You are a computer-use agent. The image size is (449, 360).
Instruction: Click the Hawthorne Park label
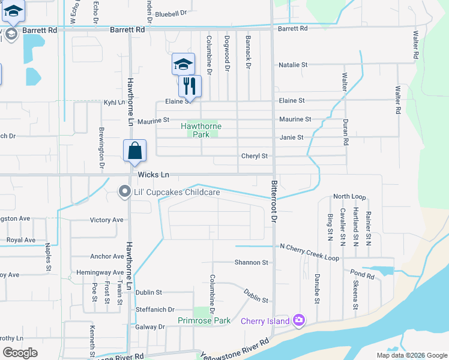[201, 130]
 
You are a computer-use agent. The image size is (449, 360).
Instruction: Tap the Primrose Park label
[204, 320]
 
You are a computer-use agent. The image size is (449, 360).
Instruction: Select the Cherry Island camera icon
[299, 320]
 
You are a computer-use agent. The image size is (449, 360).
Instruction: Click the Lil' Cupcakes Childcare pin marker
[124, 191]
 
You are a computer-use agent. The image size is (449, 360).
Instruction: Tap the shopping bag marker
[135, 151]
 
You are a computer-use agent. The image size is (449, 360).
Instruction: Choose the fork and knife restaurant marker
[190, 86]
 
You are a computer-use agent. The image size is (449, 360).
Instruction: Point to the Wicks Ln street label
[154, 175]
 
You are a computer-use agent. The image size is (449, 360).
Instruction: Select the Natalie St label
[293, 64]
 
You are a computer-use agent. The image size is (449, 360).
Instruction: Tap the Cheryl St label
[254, 156]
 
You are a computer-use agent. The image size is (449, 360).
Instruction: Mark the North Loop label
[349, 197]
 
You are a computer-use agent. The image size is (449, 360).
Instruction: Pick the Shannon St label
[251, 262]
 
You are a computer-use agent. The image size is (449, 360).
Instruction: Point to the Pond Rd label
[363, 274]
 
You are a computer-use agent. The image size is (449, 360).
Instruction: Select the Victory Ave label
[106, 220]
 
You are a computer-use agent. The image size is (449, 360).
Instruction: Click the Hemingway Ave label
[100, 272]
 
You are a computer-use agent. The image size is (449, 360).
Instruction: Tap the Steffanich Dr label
[155, 310]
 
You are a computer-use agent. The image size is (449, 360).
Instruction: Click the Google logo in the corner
[20, 353]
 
